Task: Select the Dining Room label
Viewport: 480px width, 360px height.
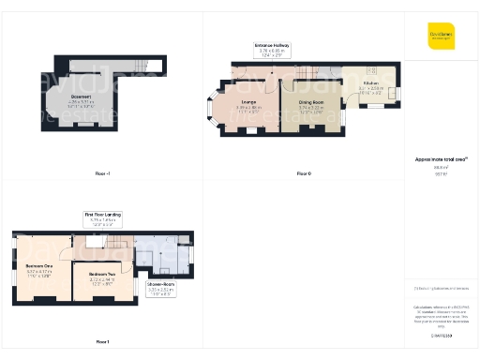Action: tap(311, 103)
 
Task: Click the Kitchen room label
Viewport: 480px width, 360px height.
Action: tap(371, 84)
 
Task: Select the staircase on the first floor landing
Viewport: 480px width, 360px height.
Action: tap(117, 244)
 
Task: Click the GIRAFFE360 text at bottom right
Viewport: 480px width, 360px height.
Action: tap(441, 335)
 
